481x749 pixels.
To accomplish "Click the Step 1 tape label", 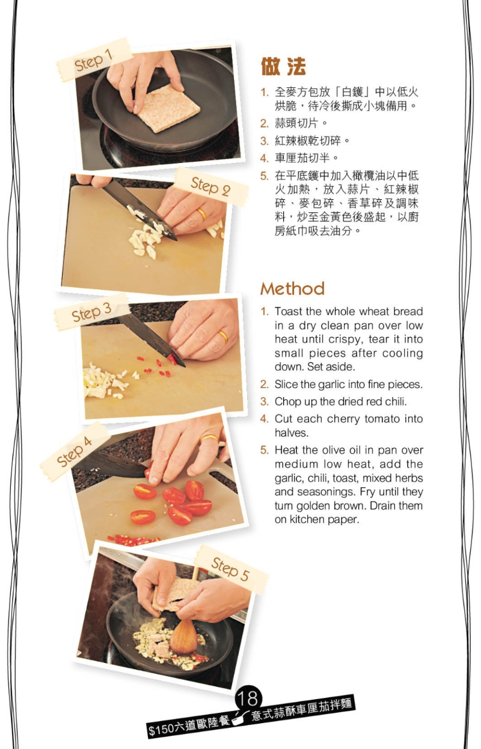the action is click(x=94, y=60).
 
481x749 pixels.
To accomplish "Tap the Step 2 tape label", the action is click(x=210, y=186).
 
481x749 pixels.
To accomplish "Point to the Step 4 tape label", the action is click(x=74, y=451).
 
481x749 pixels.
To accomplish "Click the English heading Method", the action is click(x=292, y=289).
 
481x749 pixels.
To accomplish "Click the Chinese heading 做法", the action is click(x=283, y=66).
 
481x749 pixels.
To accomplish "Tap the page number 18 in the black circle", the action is click(x=248, y=699).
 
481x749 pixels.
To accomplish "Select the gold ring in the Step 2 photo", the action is click(x=202, y=214).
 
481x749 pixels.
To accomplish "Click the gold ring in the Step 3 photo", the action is click(x=223, y=336).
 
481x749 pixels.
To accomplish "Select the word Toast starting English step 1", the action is click(x=289, y=312).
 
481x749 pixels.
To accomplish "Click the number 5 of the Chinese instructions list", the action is click(x=265, y=176).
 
